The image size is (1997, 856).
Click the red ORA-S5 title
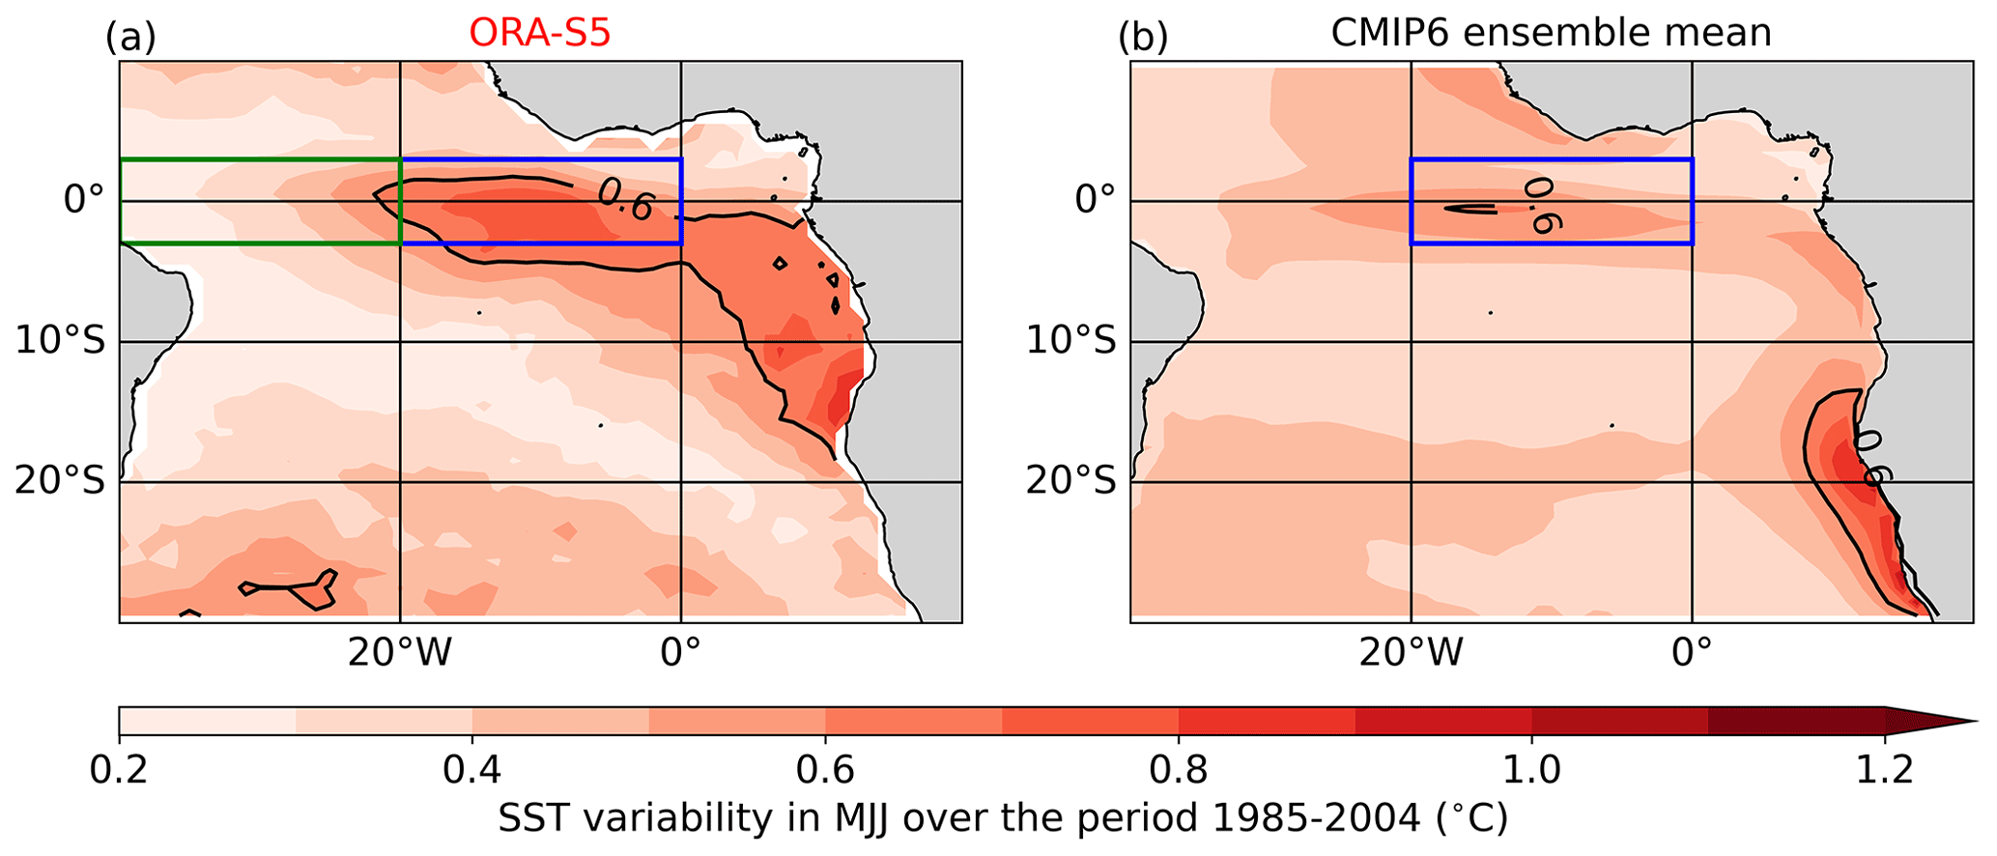pyautogui.click(x=540, y=34)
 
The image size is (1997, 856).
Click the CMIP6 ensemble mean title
pyautogui.click(x=1551, y=34)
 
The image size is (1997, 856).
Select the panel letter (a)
pyautogui.click(x=130, y=39)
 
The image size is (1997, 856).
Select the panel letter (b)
pyautogui.click(x=1142, y=39)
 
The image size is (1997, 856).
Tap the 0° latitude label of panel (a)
pyautogui.click(x=84, y=201)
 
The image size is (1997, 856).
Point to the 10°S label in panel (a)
pyautogui.click(x=60, y=341)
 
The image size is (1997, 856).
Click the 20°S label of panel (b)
pyautogui.click(x=1070, y=481)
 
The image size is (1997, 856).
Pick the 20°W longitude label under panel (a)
pyautogui.click(x=400, y=654)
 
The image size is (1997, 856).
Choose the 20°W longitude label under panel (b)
pyautogui.click(x=1411, y=654)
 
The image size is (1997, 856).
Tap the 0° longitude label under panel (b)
pyautogui.click(x=1692, y=654)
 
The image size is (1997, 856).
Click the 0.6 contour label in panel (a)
pyautogui.click(x=625, y=200)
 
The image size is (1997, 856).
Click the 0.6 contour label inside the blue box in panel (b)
pyautogui.click(x=1540, y=205)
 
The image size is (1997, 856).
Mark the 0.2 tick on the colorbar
pyautogui.click(x=119, y=771)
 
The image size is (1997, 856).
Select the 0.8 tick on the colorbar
pyautogui.click(x=1179, y=771)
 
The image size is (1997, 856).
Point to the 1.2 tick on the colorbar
pyautogui.click(x=1885, y=771)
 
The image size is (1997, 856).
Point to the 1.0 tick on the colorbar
pyautogui.click(x=1531, y=771)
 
